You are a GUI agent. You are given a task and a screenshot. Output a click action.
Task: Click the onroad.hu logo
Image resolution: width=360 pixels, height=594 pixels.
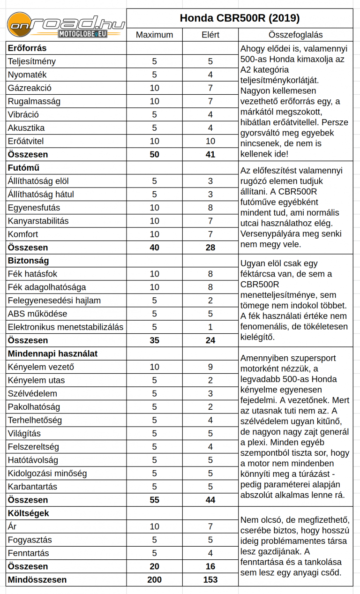[66, 25]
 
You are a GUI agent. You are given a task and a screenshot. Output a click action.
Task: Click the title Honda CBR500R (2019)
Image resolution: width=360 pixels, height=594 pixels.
[240, 18]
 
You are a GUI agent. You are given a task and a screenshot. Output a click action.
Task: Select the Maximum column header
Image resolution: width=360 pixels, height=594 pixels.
[154, 35]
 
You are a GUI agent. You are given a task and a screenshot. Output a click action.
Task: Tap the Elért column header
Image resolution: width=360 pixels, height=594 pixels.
[210, 35]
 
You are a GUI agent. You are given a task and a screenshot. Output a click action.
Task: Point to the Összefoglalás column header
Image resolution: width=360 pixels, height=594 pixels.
[295, 35]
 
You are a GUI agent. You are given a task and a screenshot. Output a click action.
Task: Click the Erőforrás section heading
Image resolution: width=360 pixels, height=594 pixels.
[27, 48]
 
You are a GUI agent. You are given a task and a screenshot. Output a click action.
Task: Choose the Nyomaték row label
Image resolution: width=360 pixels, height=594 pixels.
[27, 75]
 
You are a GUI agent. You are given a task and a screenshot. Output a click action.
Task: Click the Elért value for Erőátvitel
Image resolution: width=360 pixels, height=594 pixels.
[210, 141]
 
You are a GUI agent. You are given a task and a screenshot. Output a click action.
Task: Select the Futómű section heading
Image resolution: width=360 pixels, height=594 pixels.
[23, 167]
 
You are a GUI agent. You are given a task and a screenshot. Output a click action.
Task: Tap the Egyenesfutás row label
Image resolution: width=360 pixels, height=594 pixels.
[34, 208]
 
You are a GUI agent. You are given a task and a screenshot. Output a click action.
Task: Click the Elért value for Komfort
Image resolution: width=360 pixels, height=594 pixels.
[210, 234]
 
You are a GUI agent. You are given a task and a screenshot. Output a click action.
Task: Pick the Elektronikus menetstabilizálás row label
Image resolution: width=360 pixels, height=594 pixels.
[65, 327]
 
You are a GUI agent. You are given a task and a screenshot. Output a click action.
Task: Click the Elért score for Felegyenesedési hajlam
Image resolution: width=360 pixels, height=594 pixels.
[210, 301]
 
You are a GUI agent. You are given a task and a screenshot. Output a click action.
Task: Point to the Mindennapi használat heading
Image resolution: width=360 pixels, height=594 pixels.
[52, 353]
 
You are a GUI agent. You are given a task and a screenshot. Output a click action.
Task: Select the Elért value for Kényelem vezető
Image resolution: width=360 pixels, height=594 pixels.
[210, 367]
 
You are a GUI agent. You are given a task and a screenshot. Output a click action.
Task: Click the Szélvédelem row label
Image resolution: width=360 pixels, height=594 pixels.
[32, 393]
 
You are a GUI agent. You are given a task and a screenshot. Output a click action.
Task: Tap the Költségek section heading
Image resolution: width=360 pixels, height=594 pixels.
[29, 513]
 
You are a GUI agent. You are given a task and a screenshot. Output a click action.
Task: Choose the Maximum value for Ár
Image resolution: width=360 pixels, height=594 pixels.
[154, 526]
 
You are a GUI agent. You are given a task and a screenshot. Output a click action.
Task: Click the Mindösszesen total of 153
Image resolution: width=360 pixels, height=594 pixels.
[210, 580]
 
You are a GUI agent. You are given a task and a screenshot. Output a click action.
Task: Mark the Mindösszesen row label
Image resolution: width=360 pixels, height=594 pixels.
[37, 580]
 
